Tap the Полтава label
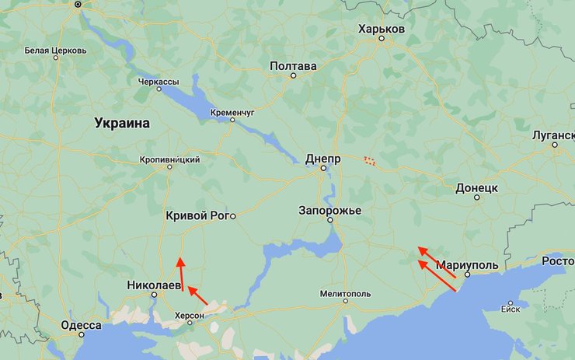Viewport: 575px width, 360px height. pyautogui.click(x=293, y=66)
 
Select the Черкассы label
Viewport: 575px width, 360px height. pyautogui.click(x=158, y=81)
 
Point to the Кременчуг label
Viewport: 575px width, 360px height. pyautogui.click(x=232, y=113)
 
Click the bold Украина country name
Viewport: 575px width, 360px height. pyautogui.click(x=122, y=123)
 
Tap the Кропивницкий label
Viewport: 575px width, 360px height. pyautogui.click(x=169, y=159)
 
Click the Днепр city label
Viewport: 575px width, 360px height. pyautogui.click(x=323, y=157)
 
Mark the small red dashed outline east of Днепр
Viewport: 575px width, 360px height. pyautogui.click(x=370, y=161)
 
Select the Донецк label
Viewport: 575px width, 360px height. pyautogui.click(x=476, y=188)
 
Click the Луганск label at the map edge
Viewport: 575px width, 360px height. pyautogui.click(x=553, y=135)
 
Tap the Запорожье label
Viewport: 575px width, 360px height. pyautogui.click(x=329, y=211)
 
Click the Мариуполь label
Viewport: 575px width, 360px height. pyautogui.click(x=467, y=264)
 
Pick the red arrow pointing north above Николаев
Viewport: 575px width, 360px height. pyautogui.click(x=181, y=273)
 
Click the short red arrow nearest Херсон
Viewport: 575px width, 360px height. pyautogui.click(x=198, y=295)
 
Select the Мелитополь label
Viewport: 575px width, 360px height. pyautogui.click(x=345, y=294)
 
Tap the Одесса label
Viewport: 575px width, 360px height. pyautogui.click(x=81, y=325)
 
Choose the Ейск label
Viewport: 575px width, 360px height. pyautogui.click(x=511, y=309)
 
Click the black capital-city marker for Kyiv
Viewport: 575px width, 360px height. pyautogui.click(x=78, y=4)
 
